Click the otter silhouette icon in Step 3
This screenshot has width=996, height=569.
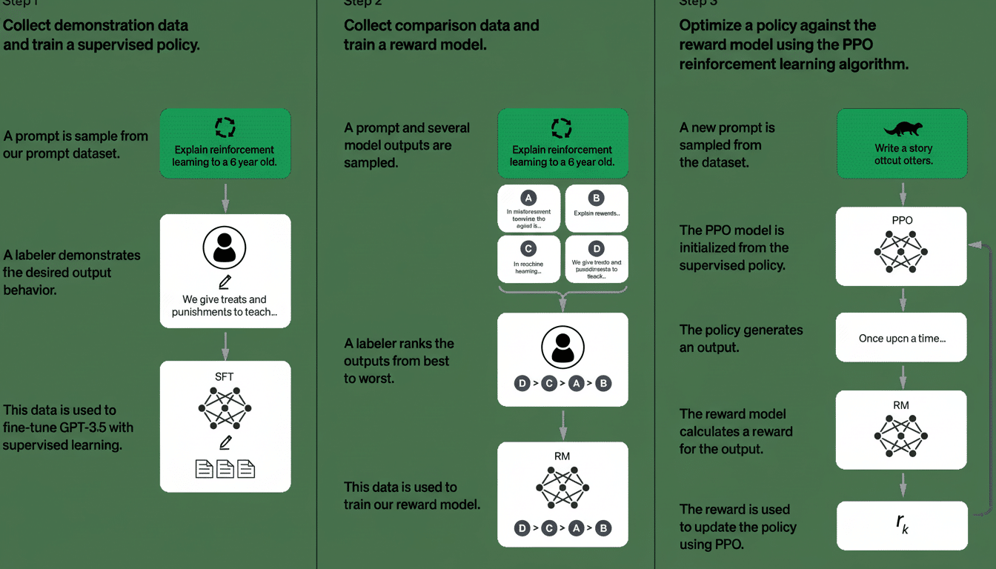pos(902,128)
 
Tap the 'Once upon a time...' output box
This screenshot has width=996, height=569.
pos(902,338)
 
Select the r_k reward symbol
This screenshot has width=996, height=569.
pos(902,525)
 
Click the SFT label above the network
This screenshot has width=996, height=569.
pos(225,377)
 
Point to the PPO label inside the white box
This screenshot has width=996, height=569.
pos(902,221)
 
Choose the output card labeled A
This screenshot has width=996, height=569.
pos(529,209)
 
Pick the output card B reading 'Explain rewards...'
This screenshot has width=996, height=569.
pos(597,209)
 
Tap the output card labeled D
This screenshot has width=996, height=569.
pos(597,259)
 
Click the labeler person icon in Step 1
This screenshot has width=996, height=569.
pos(225,249)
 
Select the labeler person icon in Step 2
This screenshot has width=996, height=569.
pos(562,346)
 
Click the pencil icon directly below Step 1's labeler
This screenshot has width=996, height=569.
pos(225,282)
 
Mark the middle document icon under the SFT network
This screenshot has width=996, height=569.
pos(225,468)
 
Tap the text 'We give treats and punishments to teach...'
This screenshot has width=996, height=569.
pos(225,306)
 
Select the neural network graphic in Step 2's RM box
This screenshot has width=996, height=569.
pos(562,487)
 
